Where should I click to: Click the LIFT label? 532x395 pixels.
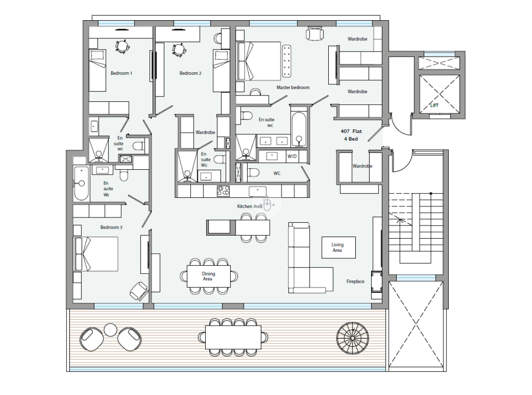pos(434,105)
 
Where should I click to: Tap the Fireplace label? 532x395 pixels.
pos(355,281)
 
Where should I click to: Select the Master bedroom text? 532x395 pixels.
pos(293,87)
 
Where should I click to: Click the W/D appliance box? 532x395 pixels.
pos(292,156)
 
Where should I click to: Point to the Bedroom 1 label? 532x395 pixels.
pos(121,73)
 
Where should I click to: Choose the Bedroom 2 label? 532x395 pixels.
pos(190,73)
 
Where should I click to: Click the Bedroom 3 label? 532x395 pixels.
pos(111,227)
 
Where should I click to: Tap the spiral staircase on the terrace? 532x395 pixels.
pos(352,338)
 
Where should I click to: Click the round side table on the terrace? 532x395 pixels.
pos(110,330)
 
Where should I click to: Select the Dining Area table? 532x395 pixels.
pos(209,276)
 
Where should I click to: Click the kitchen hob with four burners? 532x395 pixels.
pos(223,190)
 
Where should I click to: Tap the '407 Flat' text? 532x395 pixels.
pos(351,131)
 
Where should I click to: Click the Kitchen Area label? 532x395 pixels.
pos(250,206)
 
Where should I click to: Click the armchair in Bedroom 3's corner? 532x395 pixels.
pos(139,291)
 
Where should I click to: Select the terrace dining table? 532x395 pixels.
pos(233,337)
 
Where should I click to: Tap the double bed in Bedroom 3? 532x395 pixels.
pos(95,254)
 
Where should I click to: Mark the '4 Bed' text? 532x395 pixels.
pos(351,139)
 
